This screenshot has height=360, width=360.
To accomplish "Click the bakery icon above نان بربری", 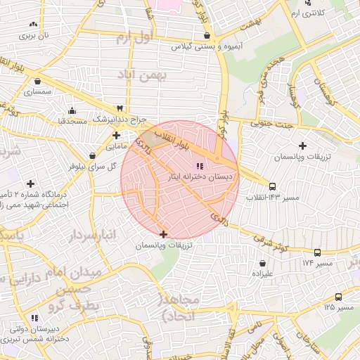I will [x=33, y=25].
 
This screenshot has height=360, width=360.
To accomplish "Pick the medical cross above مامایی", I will [x=116, y=135].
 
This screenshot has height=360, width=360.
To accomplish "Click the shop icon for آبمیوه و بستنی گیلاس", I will [x=206, y=35].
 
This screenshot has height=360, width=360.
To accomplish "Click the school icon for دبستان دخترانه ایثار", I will [x=200, y=166].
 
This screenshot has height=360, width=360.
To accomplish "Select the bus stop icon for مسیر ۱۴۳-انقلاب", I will [x=272, y=186].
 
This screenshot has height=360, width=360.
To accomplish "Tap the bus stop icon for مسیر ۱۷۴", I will [x=318, y=252].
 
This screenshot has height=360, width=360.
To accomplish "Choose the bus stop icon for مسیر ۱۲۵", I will [x=338, y=297].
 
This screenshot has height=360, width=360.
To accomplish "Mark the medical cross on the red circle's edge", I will [x=164, y=234].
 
